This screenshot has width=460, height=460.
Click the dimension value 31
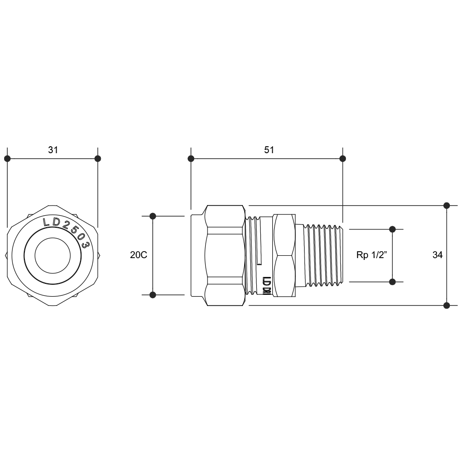pos(53,150)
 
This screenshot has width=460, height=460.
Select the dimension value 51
pos(269,150)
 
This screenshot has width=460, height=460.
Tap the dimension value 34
pos(437,255)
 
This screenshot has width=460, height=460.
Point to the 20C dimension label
pos(138,255)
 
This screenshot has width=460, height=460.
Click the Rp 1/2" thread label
pos(372,255)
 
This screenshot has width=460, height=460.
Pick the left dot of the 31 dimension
pos(7,159)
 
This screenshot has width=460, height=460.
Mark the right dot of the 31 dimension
pos(98,159)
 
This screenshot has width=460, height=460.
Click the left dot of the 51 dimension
pos(191,159)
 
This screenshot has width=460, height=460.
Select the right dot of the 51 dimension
pos(343,159)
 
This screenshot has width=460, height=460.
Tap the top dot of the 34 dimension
pos(447,206)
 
